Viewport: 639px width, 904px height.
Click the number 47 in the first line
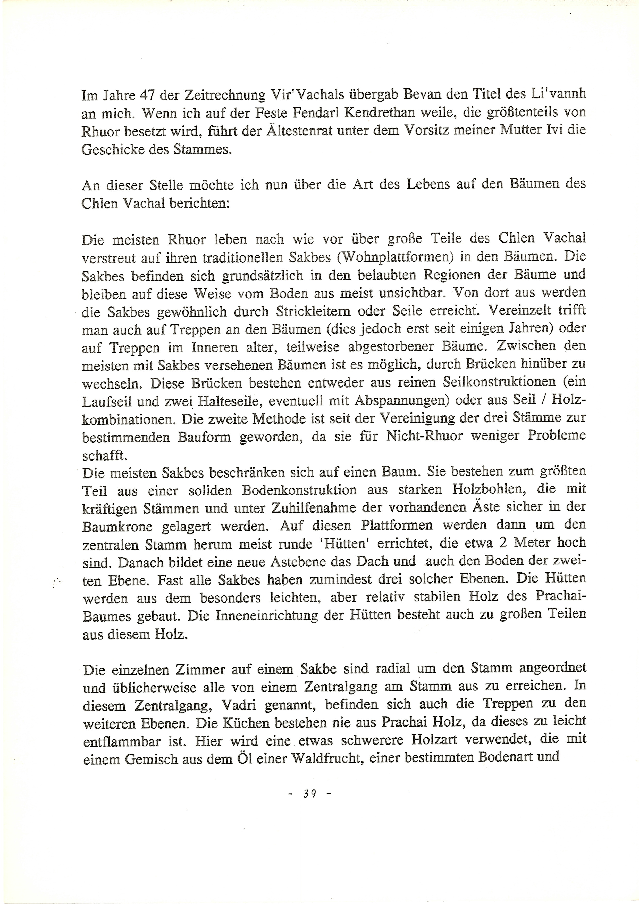point(148,94)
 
